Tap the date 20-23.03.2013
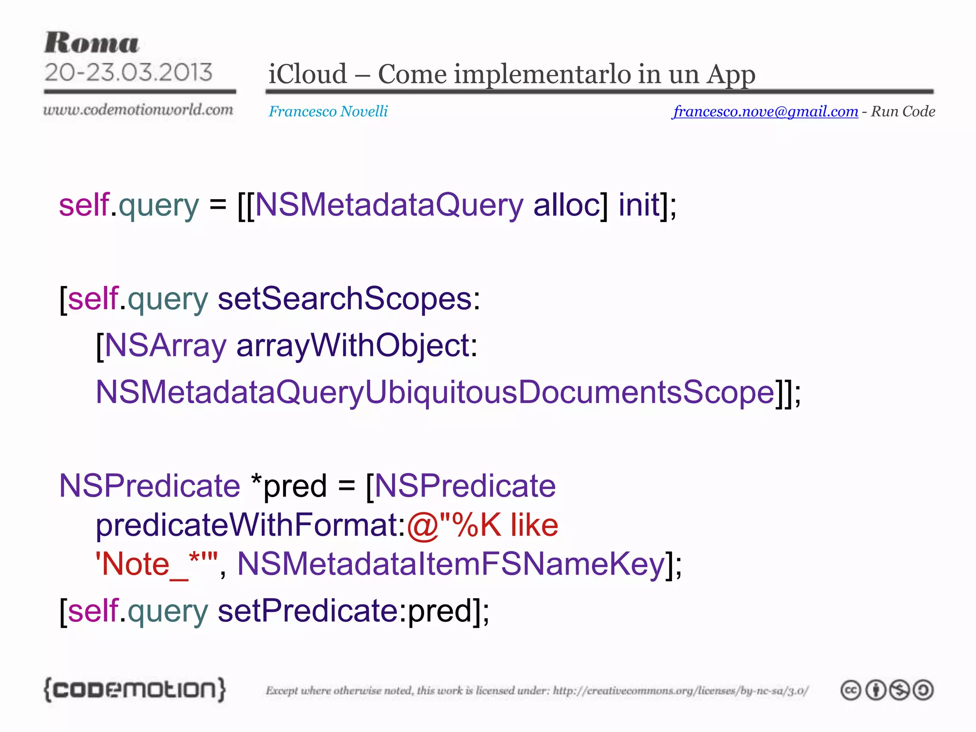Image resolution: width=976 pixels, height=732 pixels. point(128,72)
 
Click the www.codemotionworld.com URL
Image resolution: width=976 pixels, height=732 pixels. point(138,110)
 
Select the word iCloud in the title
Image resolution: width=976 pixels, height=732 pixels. point(307,74)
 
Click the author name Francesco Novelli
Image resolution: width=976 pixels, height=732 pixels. point(328,112)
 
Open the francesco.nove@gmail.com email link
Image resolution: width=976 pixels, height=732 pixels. point(765,112)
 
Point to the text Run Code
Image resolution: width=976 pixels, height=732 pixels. point(903,112)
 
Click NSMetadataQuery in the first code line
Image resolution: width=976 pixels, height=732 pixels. point(389,205)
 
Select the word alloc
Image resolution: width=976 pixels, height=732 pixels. point(570,205)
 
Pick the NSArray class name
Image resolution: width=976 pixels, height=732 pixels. point(165,346)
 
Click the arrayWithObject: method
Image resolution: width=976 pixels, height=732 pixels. point(356,346)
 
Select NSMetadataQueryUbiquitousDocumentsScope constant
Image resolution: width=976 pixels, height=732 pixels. point(435,393)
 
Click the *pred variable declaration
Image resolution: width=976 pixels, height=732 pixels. point(289,487)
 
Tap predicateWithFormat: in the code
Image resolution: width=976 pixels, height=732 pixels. point(250,526)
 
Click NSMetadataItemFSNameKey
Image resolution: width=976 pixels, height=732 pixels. point(450,565)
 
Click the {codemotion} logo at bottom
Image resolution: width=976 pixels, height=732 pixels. point(134,690)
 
